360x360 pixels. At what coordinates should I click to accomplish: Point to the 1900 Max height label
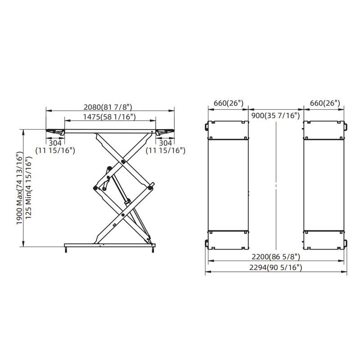click(19, 189)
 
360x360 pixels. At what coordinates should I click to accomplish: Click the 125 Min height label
click(29, 189)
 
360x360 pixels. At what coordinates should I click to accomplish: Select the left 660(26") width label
click(229, 103)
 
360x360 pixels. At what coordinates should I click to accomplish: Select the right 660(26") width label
click(325, 103)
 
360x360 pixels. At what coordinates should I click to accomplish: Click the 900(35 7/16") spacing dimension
click(275, 116)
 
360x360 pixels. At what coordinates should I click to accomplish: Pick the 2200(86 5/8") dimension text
click(276, 257)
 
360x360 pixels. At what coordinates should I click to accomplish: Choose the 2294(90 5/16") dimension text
click(276, 267)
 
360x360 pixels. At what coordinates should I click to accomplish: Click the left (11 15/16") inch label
click(55, 150)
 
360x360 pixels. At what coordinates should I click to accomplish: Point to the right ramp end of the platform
click(165, 131)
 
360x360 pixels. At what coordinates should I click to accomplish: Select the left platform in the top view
click(228, 184)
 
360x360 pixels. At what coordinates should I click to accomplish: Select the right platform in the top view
click(324, 184)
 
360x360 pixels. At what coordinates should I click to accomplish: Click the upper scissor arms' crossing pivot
click(123, 161)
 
